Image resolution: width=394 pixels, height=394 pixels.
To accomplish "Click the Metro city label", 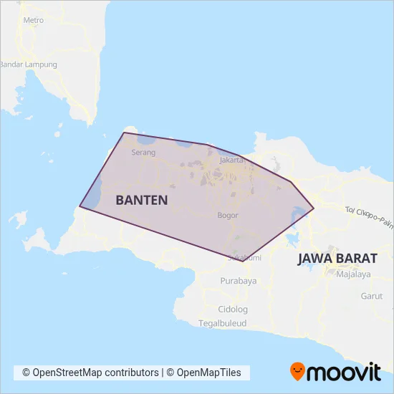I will (34, 20).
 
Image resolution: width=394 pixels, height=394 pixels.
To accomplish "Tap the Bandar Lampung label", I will (28, 64).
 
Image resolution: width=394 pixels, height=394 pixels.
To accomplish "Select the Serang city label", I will (143, 153).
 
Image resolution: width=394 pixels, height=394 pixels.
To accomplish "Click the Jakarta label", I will (233, 160).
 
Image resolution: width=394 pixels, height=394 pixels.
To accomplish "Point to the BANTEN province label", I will (142, 200).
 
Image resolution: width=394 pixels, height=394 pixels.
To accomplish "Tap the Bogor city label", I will (227, 215).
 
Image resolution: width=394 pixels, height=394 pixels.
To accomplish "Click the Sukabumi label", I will (244, 257).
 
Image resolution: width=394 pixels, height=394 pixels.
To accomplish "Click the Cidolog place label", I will (233, 309).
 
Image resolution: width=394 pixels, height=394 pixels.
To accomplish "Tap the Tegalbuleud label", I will (223, 323).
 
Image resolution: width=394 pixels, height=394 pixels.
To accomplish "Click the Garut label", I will (371, 296).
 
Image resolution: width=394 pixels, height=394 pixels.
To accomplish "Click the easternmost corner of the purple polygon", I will (314, 209).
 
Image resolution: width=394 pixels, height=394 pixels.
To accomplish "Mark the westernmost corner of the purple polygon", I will (80, 207).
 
